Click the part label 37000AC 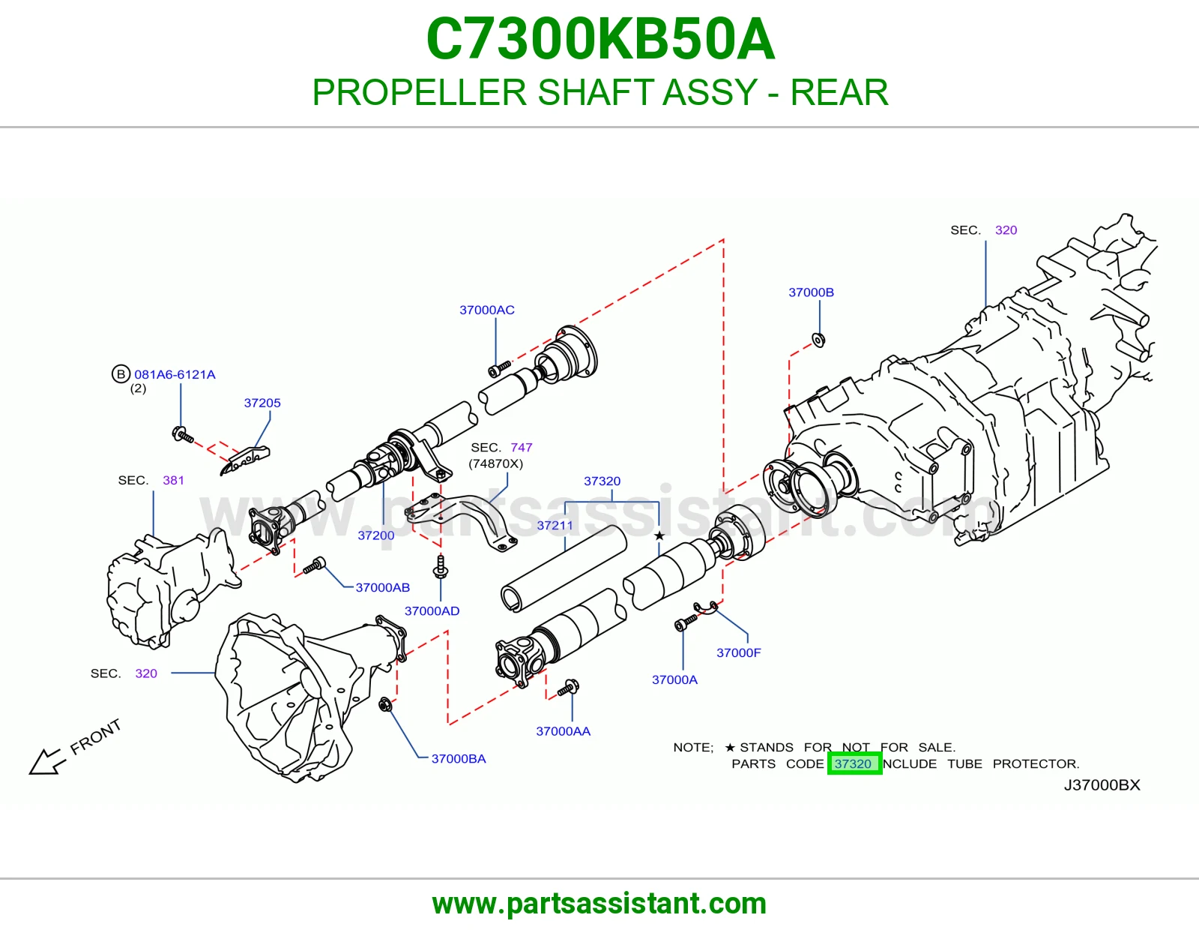click(486, 310)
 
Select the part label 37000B click(811, 292)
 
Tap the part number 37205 click(262, 403)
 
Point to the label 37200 click(375, 535)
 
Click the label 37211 click(555, 525)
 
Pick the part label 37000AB click(382, 587)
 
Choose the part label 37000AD click(432, 610)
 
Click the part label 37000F click(738, 652)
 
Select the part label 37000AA click(563, 730)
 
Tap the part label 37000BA click(458, 758)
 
